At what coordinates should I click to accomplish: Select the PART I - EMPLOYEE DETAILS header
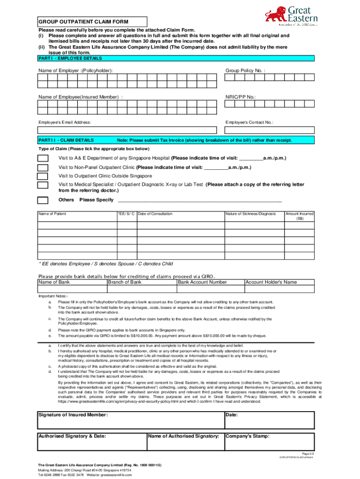coord(70,58)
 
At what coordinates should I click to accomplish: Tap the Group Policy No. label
coord(245,70)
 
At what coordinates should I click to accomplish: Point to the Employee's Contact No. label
coord(249,123)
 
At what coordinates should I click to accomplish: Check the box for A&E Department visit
coord(43,158)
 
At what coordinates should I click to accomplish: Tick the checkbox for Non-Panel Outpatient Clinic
coord(43,167)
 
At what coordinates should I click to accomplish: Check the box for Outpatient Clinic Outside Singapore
coord(43,176)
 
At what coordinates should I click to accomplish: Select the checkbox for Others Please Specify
coord(43,200)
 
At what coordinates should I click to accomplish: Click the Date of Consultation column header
coord(155,214)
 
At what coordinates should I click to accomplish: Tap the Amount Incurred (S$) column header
coord(299,216)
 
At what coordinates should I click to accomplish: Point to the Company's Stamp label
coord(247,436)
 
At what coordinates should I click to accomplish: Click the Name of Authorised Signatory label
coord(184,436)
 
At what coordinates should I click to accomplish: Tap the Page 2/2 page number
coord(308,454)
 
